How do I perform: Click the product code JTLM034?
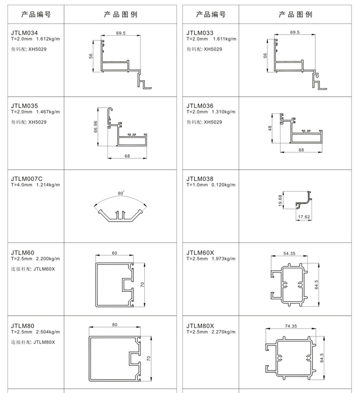[x=24, y=33]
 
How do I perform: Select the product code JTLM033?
[x=200, y=33]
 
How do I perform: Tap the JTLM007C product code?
[x=27, y=179]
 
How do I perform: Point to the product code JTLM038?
[x=200, y=179]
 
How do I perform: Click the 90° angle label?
[x=121, y=193]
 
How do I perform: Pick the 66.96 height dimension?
[x=95, y=127]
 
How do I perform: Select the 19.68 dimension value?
[x=280, y=201]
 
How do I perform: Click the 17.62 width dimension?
[x=304, y=217]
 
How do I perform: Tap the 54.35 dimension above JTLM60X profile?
[x=289, y=253]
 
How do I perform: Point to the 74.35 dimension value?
[x=291, y=326]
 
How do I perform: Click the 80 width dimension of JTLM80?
[x=114, y=325]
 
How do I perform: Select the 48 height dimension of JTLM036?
[x=270, y=128]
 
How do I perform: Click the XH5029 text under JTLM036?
[x=213, y=122]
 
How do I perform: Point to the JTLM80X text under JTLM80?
[x=44, y=342]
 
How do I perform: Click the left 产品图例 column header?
[x=120, y=14]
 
